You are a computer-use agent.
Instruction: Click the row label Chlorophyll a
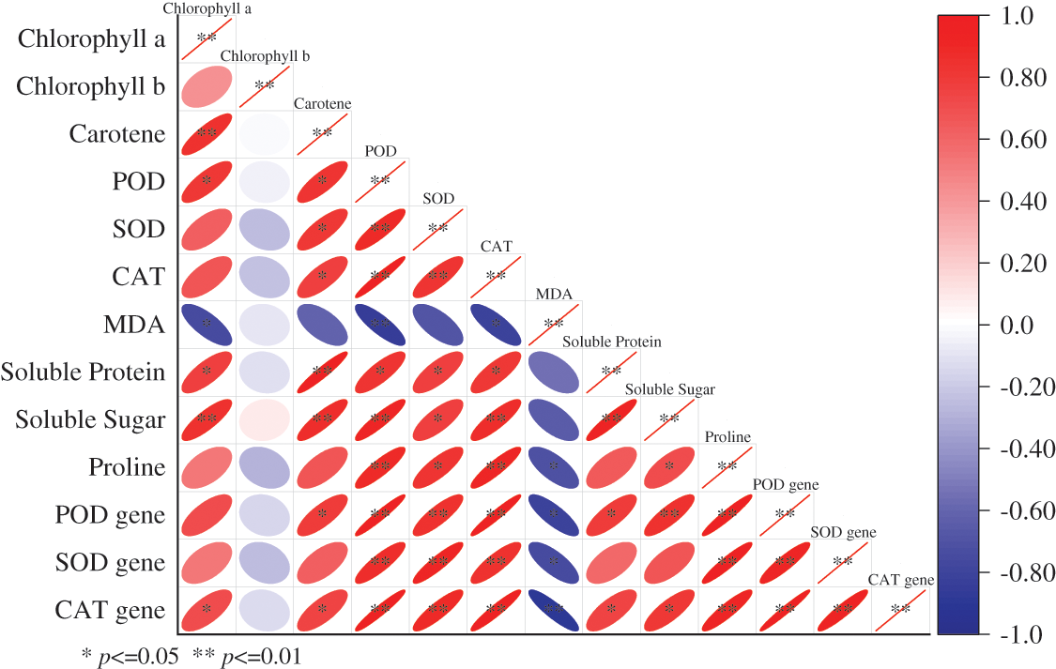click(x=91, y=39)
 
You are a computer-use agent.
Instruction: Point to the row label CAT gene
click(x=111, y=611)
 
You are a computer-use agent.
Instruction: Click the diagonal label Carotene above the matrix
click(x=323, y=103)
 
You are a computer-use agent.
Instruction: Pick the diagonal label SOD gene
click(x=843, y=532)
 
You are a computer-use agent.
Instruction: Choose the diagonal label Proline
click(x=727, y=437)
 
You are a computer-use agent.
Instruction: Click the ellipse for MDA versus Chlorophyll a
click(x=207, y=325)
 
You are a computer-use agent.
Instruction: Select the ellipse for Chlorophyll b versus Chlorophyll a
click(x=207, y=86)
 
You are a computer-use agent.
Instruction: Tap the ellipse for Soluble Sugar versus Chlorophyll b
click(x=265, y=419)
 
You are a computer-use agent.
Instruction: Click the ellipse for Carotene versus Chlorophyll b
click(x=265, y=134)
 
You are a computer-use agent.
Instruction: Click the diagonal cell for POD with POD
click(x=380, y=181)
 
